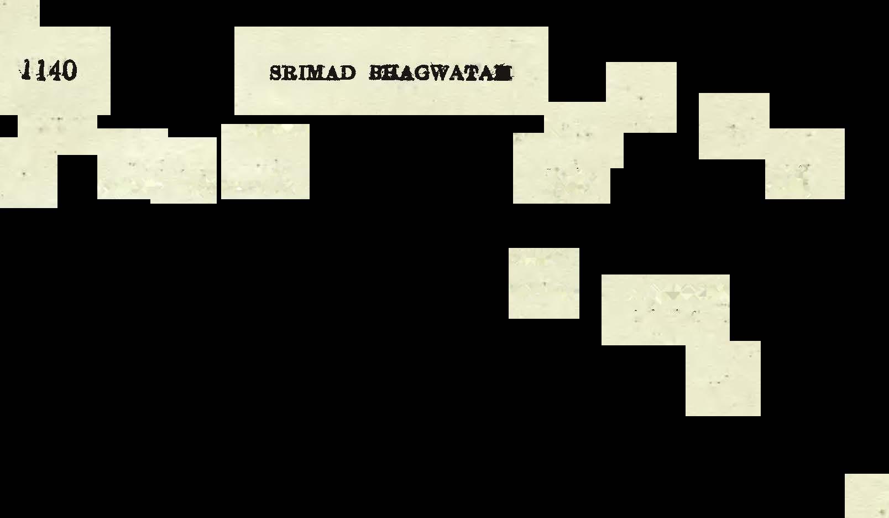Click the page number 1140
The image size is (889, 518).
(x=49, y=71)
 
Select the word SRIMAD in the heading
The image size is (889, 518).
(x=312, y=73)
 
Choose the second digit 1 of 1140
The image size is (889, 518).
(x=39, y=71)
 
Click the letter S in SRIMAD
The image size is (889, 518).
(x=275, y=73)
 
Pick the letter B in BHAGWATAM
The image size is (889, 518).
(x=375, y=73)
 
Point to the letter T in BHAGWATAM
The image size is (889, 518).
(x=474, y=73)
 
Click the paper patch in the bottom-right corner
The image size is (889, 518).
(x=867, y=496)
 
